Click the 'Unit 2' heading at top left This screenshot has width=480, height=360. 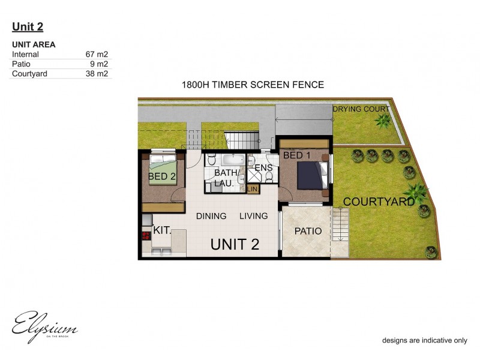click(x=28, y=26)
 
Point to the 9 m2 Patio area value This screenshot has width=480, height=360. click(x=100, y=64)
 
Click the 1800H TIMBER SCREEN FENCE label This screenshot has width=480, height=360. click(x=253, y=85)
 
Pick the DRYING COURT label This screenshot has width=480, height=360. click(x=361, y=109)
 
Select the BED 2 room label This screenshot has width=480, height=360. click(x=161, y=176)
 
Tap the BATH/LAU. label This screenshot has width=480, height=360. click(x=227, y=178)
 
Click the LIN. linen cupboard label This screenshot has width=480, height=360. click(x=253, y=189)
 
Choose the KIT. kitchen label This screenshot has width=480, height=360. click(x=162, y=230)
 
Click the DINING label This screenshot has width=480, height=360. click(x=211, y=216)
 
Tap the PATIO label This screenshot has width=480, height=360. click(x=308, y=231)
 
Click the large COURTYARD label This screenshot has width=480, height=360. click(x=379, y=202)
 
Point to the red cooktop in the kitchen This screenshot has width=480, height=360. click(x=145, y=236)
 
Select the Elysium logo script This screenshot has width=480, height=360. click(x=43, y=327)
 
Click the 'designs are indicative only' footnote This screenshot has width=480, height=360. click(x=425, y=340)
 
